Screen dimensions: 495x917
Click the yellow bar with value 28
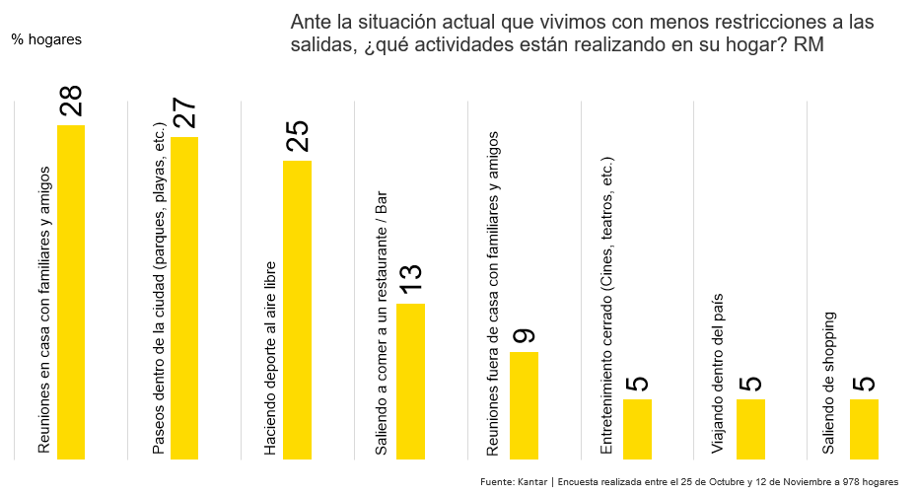coord(71,292)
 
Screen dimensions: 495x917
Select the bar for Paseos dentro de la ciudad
coord(184,298)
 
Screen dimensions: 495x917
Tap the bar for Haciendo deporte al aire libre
coord(297,310)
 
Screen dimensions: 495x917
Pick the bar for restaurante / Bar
coord(410,381)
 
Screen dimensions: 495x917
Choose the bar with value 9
coord(524,404)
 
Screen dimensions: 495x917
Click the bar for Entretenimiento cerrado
coord(637,429)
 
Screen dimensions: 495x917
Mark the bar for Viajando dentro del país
coord(750,429)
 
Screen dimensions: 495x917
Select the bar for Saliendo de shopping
coord(864,429)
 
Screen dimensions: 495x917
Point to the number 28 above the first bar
coord(71,102)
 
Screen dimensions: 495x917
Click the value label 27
coord(184,113)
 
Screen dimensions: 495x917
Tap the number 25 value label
coord(297,137)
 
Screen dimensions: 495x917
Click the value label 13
coord(410,279)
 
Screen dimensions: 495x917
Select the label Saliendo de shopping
coord(830,383)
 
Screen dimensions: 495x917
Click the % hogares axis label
coord(46,39)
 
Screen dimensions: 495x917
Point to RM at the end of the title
coord(809,45)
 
